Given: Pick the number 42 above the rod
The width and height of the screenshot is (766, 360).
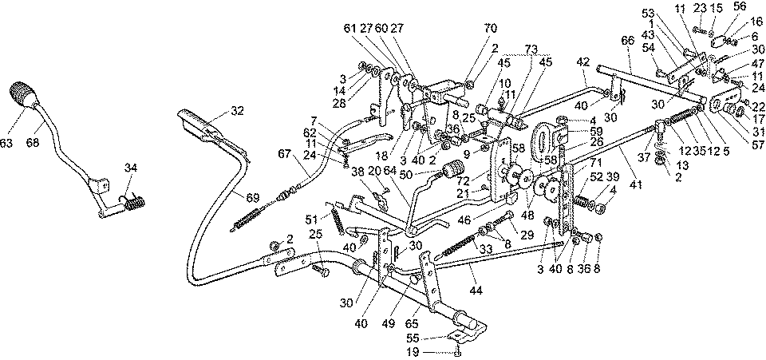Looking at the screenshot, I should (585, 61).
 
